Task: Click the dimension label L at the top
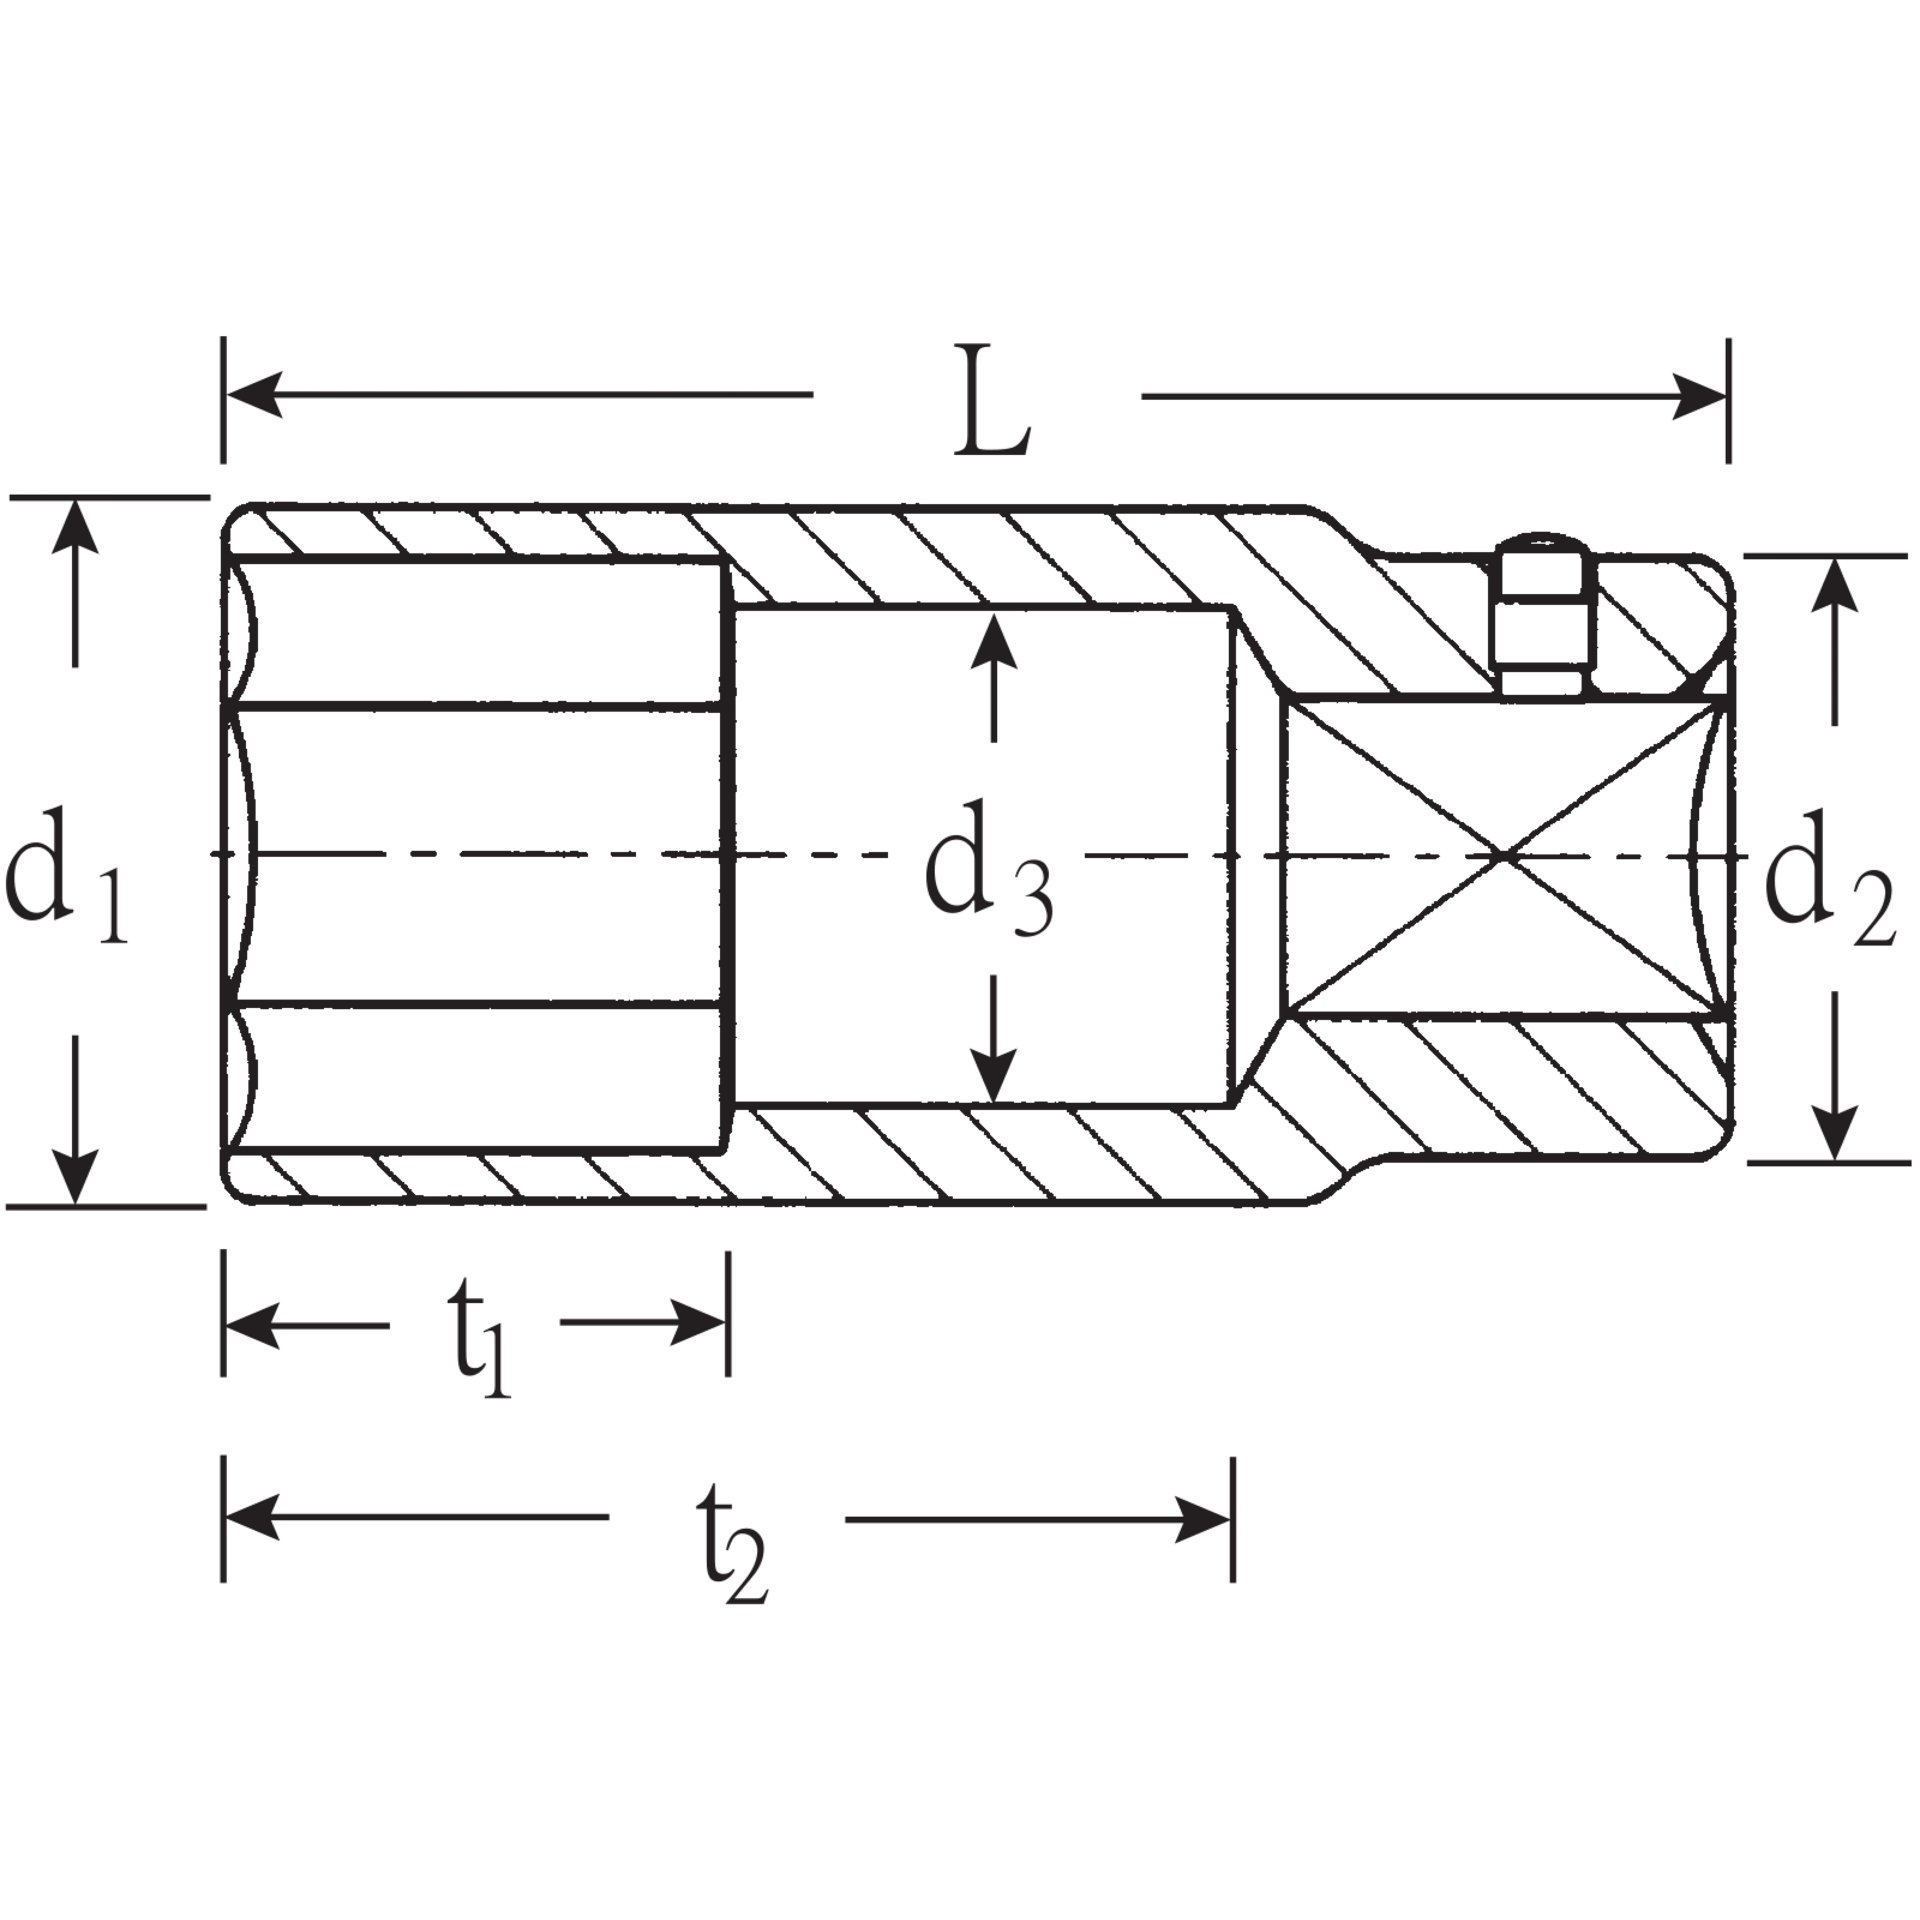(990, 402)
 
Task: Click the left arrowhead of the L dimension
(250, 395)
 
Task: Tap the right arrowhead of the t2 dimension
(1204, 1520)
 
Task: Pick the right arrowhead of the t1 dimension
(700, 1324)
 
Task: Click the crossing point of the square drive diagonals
(1505, 856)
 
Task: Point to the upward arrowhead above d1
(75, 528)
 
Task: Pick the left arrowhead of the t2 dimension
(250, 1520)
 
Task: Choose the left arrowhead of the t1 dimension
(250, 1324)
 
